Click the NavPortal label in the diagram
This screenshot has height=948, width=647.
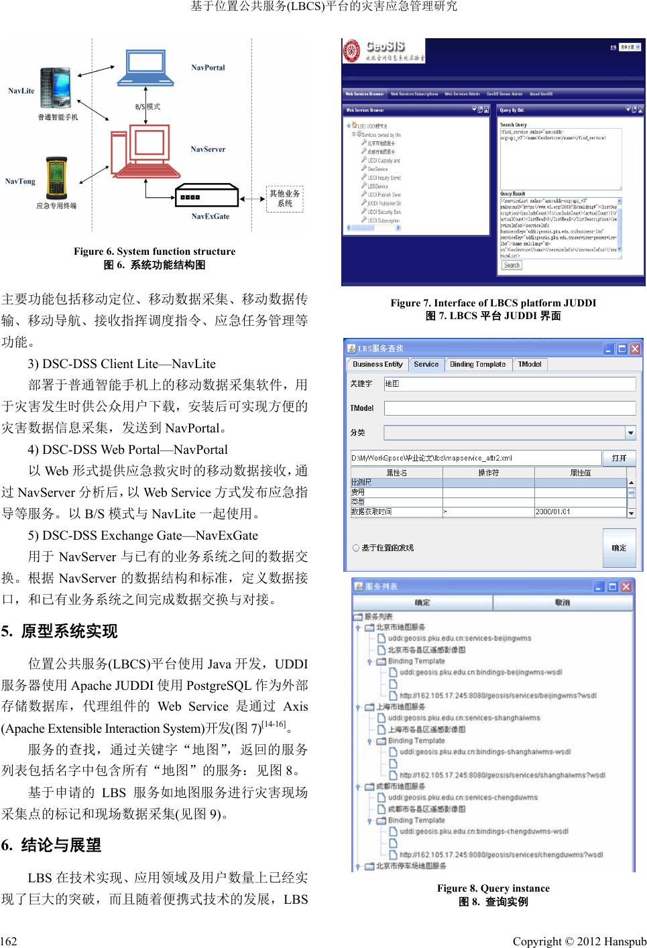[x=208, y=68]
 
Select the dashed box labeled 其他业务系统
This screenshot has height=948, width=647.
[x=285, y=198]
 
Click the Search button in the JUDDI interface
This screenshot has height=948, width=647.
[x=512, y=265]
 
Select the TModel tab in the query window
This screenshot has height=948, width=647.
[x=530, y=364]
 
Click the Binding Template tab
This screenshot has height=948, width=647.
[x=477, y=364]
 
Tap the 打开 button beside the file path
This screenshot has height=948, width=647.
[x=618, y=458]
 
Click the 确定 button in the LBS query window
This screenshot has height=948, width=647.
[x=618, y=548]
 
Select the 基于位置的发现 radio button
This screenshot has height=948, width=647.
[x=356, y=548]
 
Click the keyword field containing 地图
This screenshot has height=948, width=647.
[x=510, y=384]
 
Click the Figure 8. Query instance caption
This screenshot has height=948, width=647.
[x=493, y=888]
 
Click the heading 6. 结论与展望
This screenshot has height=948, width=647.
[x=52, y=845]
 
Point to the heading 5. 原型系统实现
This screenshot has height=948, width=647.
[x=60, y=632]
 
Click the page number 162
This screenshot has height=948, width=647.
[x=9, y=941]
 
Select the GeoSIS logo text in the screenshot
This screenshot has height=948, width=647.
[x=384, y=48]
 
